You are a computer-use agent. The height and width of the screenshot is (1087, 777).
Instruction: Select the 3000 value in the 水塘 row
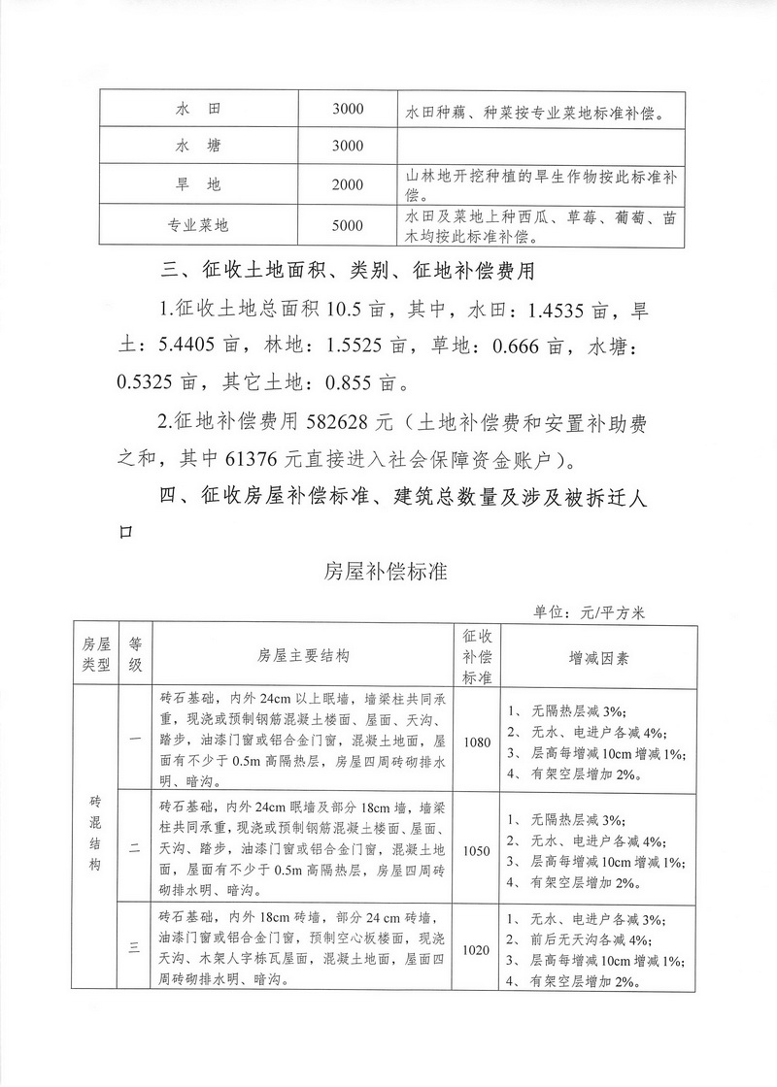pyautogui.click(x=347, y=146)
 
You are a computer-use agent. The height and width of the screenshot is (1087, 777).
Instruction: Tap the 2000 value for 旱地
pyautogui.click(x=347, y=185)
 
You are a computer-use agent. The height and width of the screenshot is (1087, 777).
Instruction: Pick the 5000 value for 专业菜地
pyautogui.click(x=347, y=225)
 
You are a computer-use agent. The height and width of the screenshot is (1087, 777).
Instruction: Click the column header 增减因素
pyautogui.click(x=598, y=657)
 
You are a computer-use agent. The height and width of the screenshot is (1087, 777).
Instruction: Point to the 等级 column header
pyautogui.click(x=136, y=656)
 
